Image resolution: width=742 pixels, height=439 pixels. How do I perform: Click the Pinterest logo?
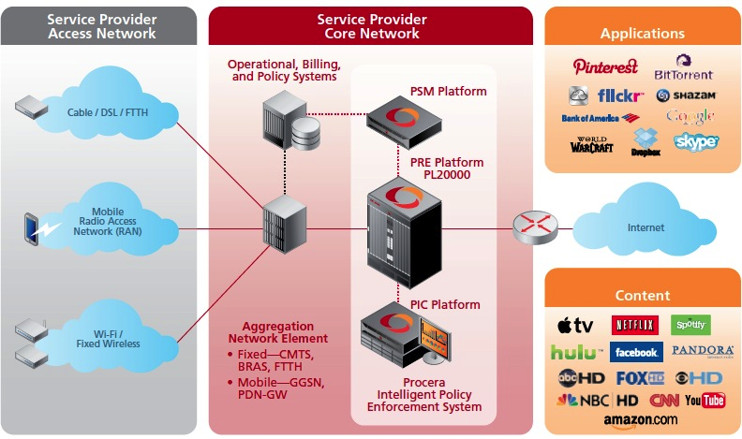(605, 67)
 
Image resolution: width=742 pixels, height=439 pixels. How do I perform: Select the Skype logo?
(695, 141)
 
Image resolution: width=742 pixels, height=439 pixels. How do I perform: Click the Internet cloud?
(645, 227)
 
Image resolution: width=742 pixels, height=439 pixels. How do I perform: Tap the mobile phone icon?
(32, 227)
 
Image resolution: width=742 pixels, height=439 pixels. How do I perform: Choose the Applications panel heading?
(643, 34)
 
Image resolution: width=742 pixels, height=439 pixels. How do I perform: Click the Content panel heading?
(642, 295)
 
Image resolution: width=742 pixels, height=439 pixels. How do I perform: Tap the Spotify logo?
(691, 325)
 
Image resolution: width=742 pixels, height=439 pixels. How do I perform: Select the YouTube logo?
(705, 401)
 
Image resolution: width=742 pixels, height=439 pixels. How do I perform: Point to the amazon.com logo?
(641, 420)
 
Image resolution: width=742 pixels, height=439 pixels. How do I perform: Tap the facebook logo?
(636, 352)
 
